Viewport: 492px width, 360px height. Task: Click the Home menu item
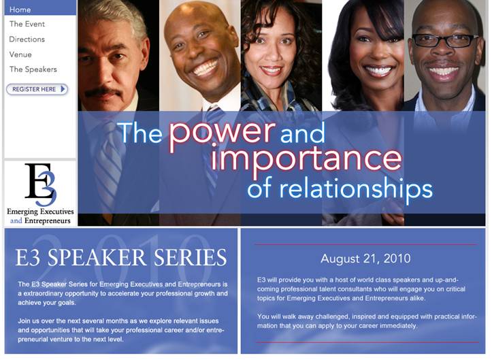20,10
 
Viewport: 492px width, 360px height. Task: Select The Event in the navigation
27,24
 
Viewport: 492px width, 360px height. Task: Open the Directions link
27,39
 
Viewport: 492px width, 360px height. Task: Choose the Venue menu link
20,54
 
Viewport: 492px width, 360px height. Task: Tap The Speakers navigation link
33,69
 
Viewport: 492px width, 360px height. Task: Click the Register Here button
37,89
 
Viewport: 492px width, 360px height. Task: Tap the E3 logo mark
41,184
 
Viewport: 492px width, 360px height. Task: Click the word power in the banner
222,133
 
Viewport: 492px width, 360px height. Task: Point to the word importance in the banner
306,159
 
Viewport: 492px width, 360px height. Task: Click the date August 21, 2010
365,259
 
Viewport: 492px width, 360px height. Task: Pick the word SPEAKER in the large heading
97,258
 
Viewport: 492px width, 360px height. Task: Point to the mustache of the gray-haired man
103,92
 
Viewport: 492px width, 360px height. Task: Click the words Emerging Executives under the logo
40,212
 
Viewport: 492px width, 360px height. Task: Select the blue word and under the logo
16,220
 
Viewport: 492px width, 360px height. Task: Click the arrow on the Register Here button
63,89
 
